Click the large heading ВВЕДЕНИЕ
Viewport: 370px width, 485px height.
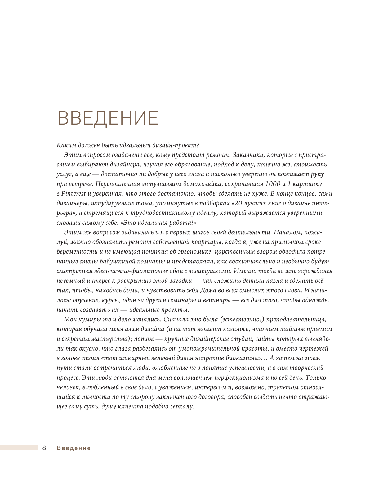click(x=108, y=118)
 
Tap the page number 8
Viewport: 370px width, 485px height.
click(x=44, y=448)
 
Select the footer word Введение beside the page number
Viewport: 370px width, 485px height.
click(x=74, y=448)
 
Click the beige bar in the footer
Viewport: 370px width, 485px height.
click(x=19, y=448)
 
